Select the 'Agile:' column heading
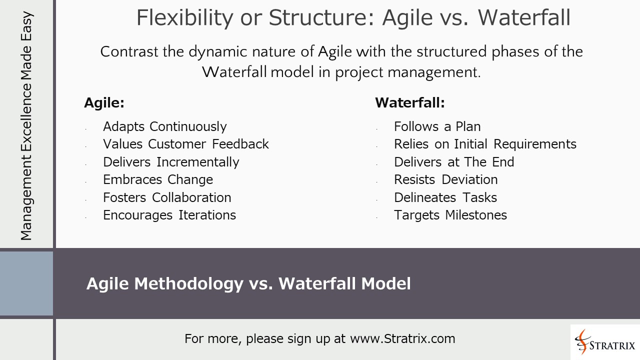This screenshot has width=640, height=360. pos(104,103)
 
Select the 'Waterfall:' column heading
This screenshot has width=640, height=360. pos(409,103)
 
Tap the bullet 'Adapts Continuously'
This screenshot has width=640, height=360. pos(164,126)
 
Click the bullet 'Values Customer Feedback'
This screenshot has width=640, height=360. pos(185,144)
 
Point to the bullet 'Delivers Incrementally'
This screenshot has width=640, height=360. pos(171,162)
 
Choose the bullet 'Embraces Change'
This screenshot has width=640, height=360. pos(158,179)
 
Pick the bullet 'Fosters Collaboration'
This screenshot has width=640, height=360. pos(167,197)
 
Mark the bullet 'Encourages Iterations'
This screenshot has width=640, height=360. pos(169,215)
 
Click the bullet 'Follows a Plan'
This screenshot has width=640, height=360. pos(437,126)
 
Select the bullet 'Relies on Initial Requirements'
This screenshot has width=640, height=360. pos(485,144)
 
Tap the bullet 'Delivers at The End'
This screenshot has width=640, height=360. pos(454,162)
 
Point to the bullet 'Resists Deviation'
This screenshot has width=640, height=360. pos(445,179)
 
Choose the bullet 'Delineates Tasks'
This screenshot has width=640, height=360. pos(445,197)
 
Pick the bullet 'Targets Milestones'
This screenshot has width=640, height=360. pos(450,215)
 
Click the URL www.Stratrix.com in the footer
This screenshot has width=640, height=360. pos(402,338)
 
